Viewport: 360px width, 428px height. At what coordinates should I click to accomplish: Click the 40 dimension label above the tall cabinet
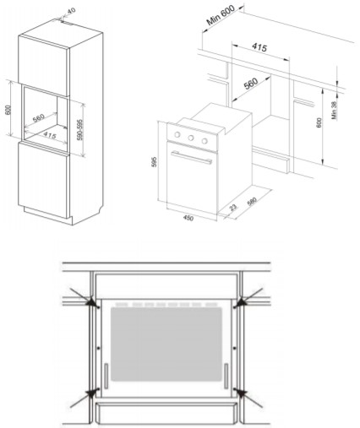[x=71, y=11]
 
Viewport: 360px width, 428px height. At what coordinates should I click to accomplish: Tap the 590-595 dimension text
[x=80, y=130]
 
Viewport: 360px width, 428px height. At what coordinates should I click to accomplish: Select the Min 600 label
[x=221, y=15]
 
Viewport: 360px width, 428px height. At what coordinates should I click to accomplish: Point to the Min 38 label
[x=334, y=111]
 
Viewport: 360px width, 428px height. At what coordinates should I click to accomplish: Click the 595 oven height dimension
[x=155, y=162]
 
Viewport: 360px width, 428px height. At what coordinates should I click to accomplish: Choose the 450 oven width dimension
[x=188, y=218]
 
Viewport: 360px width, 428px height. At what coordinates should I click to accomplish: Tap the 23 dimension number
[x=233, y=208]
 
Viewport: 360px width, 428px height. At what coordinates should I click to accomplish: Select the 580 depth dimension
[x=252, y=202]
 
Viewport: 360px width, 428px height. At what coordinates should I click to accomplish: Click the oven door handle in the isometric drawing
[x=191, y=158]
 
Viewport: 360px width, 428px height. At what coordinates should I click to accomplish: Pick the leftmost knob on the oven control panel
[x=177, y=134]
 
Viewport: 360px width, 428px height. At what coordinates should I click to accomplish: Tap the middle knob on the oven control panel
[x=191, y=138]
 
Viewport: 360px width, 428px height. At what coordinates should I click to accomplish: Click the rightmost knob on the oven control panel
[x=205, y=141]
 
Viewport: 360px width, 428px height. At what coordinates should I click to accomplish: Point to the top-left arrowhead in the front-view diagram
[x=91, y=302]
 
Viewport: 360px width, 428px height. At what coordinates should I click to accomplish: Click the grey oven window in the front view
[x=166, y=344]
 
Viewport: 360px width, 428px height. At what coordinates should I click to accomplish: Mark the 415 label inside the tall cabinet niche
[x=50, y=135]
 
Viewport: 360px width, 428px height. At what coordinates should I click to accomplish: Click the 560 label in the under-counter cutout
[x=251, y=84]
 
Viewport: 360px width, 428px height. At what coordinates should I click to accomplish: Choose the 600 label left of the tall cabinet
[x=8, y=110]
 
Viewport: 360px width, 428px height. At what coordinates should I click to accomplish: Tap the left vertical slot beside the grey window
[x=106, y=377]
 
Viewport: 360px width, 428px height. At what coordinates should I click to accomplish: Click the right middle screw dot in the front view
[x=234, y=349]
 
